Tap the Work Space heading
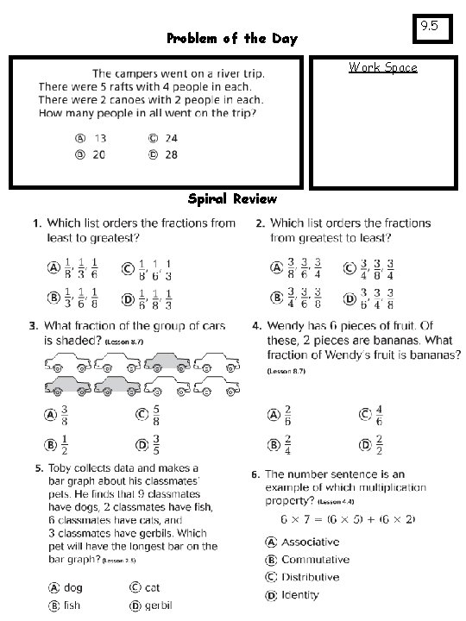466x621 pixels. pos(382,67)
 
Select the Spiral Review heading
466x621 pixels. pos(232,199)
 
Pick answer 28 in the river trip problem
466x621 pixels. pos(171,154)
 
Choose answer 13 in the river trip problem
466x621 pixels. pos(100,138)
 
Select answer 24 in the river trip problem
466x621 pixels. pos(171,138)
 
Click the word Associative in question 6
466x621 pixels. pos(310,542)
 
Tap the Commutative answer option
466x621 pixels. pos(315,560)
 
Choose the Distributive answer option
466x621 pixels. pos(312,577)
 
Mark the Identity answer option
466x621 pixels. pos(299,594)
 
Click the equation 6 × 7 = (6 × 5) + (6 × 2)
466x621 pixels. pos(348,519)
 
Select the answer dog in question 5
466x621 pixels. pos(73,586)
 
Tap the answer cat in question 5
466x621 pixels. pos(152,586)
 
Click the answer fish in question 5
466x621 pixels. pos(72,605)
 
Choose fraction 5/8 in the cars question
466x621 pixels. pos(155,414)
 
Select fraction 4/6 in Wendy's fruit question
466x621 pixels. pos(378,415)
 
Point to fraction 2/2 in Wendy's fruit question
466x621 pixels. pos(378,445)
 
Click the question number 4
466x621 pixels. pos(256,326)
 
